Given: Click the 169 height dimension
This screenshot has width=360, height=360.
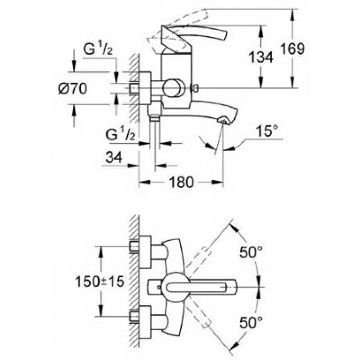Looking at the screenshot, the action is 293,49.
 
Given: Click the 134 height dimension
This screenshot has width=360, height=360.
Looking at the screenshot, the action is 261,57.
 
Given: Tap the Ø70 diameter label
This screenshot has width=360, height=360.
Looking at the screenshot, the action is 73,88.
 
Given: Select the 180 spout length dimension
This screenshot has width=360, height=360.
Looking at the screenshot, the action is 181,182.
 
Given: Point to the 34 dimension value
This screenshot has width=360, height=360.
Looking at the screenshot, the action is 114,157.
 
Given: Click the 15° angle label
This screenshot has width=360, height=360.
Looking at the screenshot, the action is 267,130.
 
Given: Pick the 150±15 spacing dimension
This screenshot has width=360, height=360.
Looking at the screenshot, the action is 100,282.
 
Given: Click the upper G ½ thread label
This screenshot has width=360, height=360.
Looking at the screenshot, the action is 98,49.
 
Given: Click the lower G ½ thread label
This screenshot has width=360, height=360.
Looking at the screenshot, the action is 120,135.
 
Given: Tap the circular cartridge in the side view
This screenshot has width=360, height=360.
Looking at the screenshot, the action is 173,88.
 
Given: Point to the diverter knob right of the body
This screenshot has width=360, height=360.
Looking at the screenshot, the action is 195,88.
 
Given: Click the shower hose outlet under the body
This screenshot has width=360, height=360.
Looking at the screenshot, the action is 155,118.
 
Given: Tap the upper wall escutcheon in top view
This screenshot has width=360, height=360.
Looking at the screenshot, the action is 145,252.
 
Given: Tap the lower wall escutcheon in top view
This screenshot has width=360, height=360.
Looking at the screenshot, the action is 145,322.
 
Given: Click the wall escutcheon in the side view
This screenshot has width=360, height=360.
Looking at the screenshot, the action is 145,88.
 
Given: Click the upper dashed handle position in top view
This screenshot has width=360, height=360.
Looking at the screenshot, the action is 198,258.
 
